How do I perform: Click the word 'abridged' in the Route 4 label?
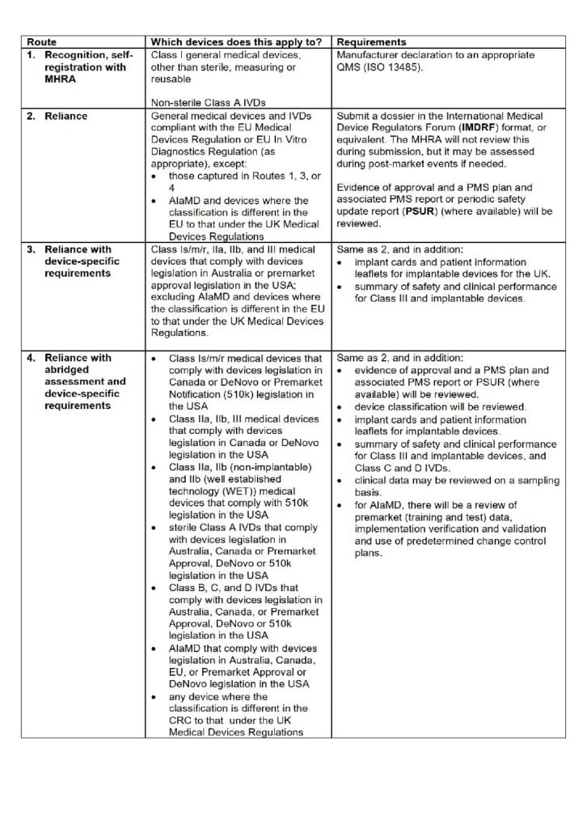(x=70, y=370)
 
